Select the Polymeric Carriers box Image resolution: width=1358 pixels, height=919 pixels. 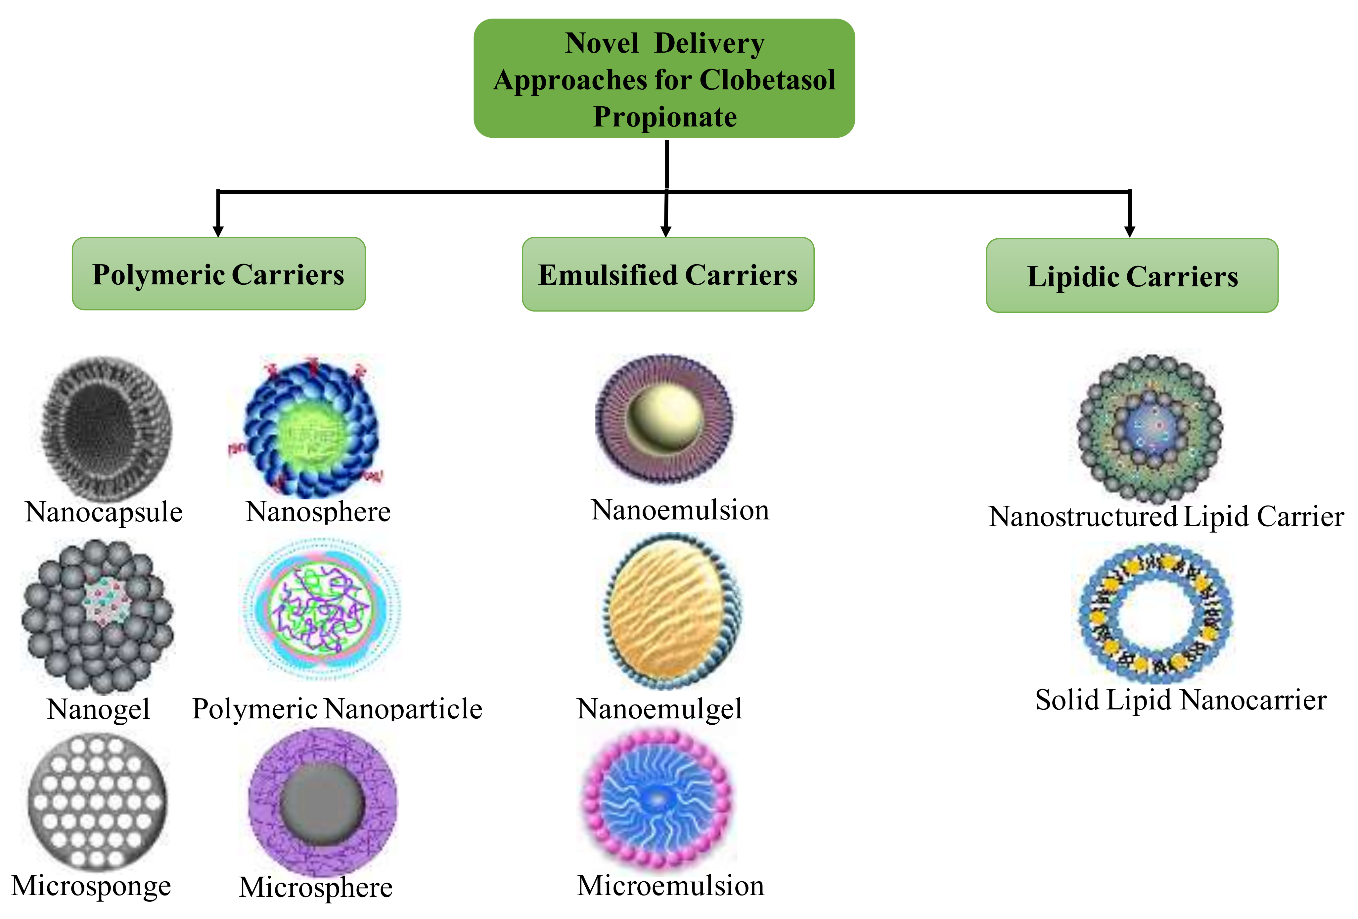[x=218, y=273]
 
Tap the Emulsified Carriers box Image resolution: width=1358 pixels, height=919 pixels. [x=667, y=274]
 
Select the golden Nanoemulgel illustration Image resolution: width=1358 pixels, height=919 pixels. [x=672, y=610]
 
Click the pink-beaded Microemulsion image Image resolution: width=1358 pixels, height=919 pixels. [x=658, y=798]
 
